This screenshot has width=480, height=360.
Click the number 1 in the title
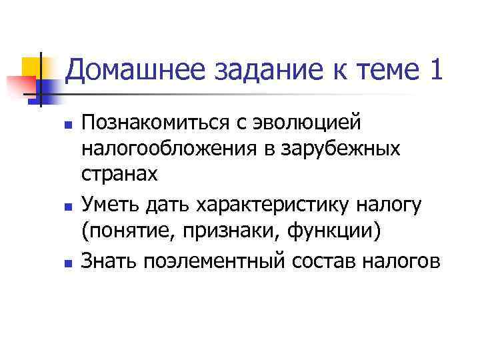434,69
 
